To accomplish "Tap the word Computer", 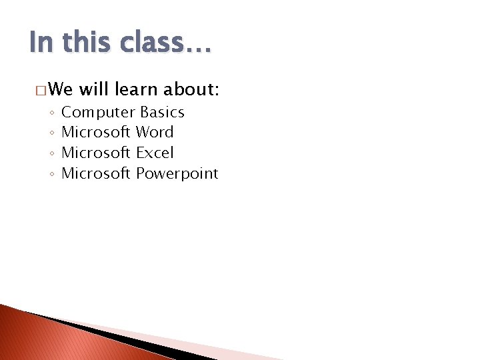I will [x=99, y=113].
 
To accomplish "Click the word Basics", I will [x=162, y=112].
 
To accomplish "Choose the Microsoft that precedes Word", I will [x=96, y=132].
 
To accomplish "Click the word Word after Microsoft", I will [x=155, y=132].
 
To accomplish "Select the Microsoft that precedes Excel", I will [x=96, y=153].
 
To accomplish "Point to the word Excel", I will [x=155, y=153].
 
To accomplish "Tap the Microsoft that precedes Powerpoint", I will [x=96, y=173].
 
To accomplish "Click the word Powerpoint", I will [x=177, y=174].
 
